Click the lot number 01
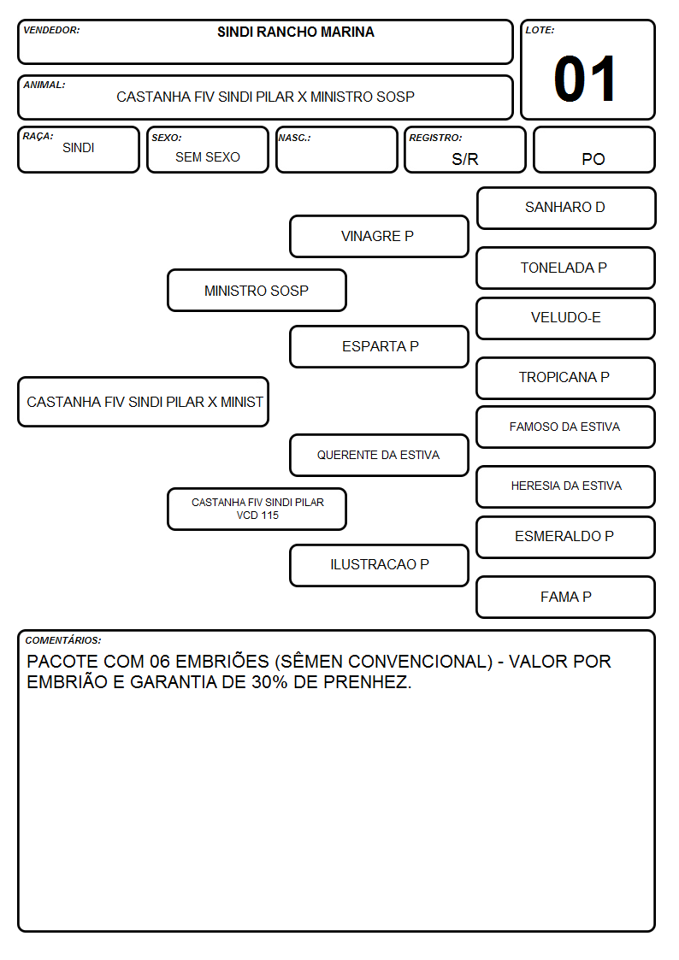click(x=585, y=79)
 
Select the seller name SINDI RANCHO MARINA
click(x=296, y=32)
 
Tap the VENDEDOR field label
click(x=51, y=30)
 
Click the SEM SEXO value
click(x=208, y=157)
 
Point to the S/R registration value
click(x=464, y=159)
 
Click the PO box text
click(x=593, y=159)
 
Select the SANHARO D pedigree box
click(x=566, y=209)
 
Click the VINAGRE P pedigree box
click(x=379, y=236)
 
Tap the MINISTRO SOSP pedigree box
click(x=257, y=290)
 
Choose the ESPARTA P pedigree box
click(x=379, y=346)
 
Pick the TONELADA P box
click(x=566, y=268)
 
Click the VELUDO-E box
click(x=566, y=318)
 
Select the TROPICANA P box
click(x=566, y=378)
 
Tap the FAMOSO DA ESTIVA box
click(x=566, y=427)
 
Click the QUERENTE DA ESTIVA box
click(x=379, y=455)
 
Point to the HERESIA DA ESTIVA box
click(x=566, y=486)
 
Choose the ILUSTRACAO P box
click(x=379, y=565)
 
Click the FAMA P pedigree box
click(x=566, y=597)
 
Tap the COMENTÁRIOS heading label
click(x=63, y=640)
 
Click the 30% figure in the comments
click(x=269, y=682)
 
